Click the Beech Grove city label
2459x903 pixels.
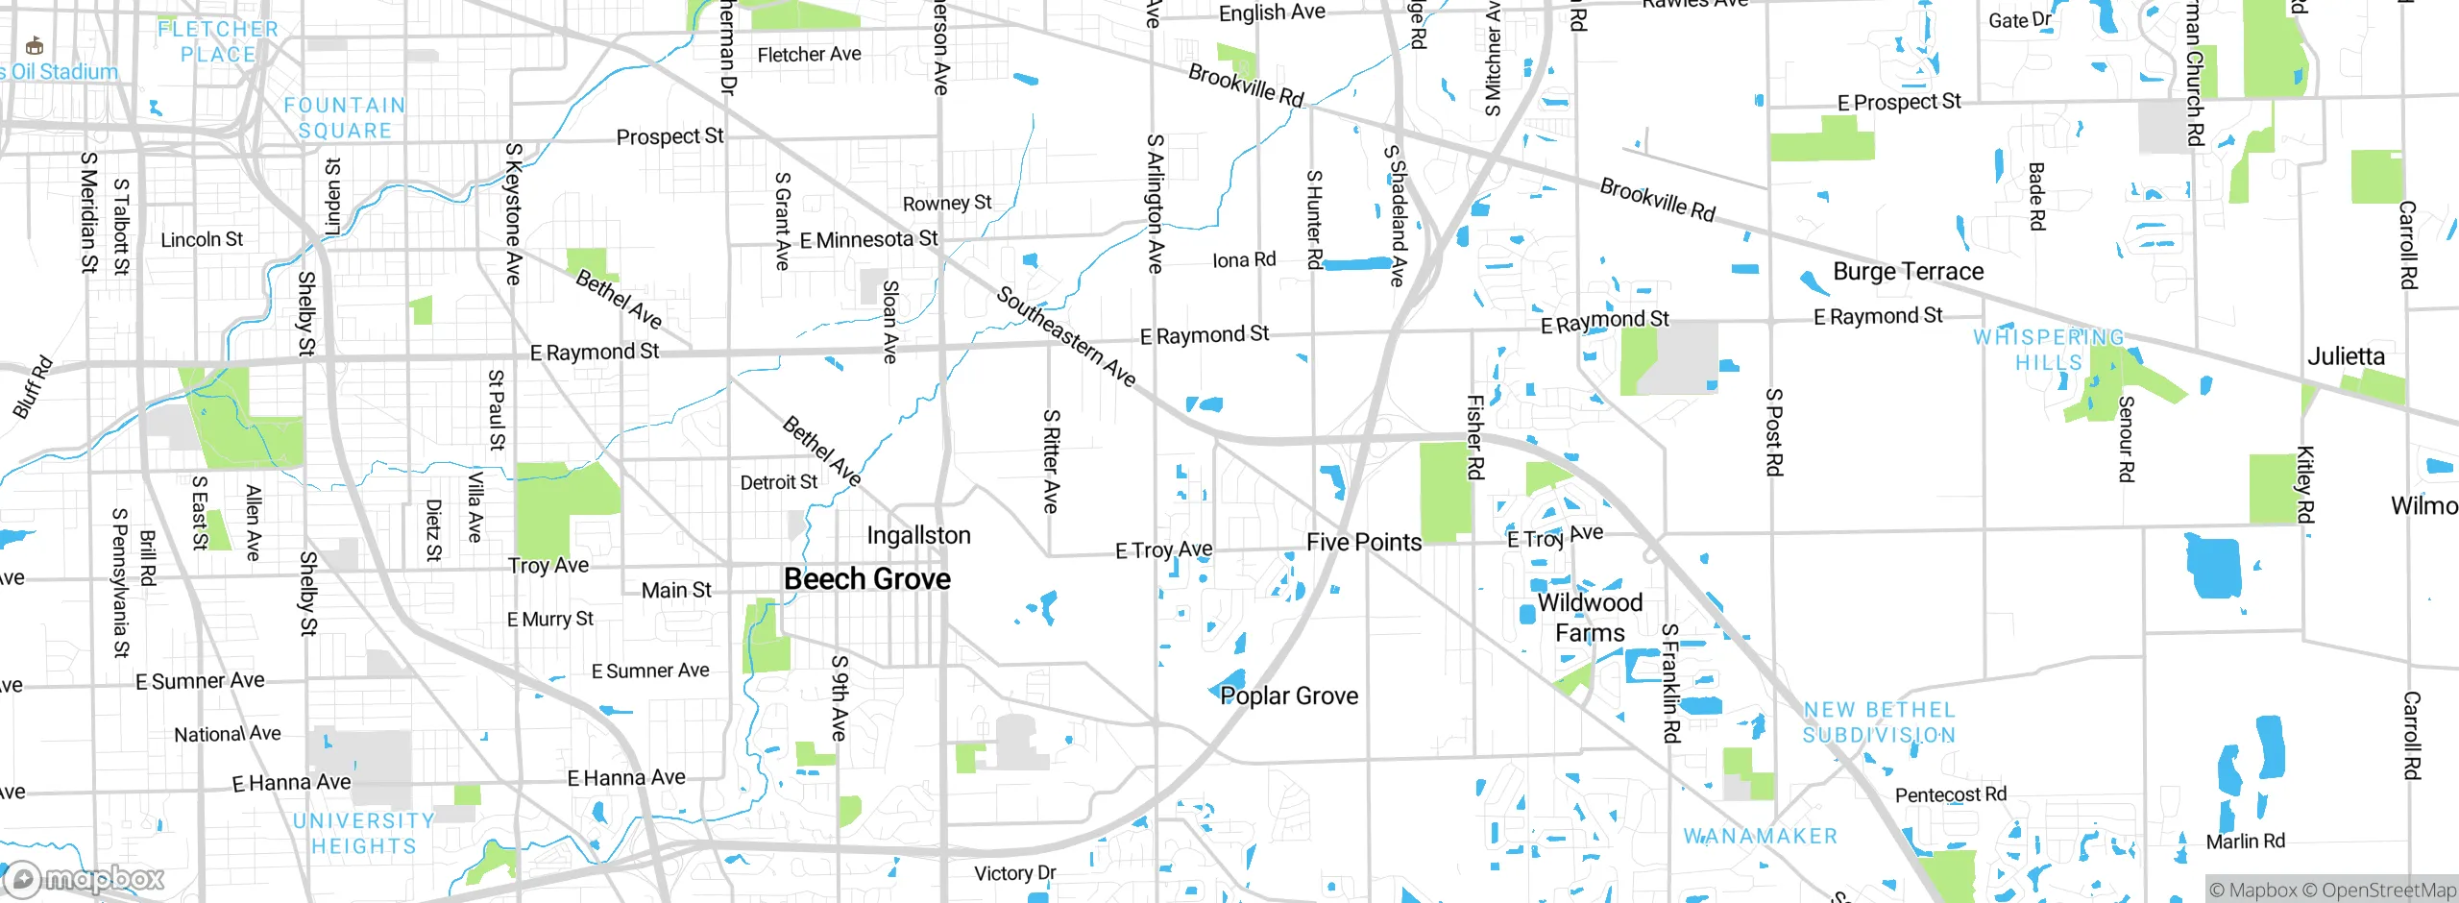pyautogui.click(x=866, y=578)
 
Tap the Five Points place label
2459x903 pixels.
pyautogui.click(x=1363, y=542)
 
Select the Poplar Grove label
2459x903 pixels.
pyautogui.click(x=1289, y=696)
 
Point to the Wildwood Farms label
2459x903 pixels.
pyautogui.click(x=1590, y=618)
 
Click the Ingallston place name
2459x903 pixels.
pyautogui.click(x=918, y=535)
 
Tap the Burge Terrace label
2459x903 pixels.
pyautogui.click(x=1908, y=272)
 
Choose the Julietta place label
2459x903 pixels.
pyautogui.click(x=2346, y=356)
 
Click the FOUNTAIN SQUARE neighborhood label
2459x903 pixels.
pyautogui.click(x=345, y=118)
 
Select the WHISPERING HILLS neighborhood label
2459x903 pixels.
pyautogui.click(x=2049, y=350)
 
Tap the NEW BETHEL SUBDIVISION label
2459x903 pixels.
pyautogui.click(x=1879, y=722)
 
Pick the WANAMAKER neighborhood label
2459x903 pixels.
pyautogui.click(x=1760, y=837)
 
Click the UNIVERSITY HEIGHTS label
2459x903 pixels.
pyautogui.click(x=364, y=834)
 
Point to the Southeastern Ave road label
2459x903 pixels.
pyautogui.click(x=1066, y=336)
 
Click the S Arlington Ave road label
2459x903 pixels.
pyautogui.click(x=1155, y=204)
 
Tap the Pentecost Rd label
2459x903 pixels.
pyautogui.click(x=1950, y=794)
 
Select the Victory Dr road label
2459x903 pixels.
pyautogui.click(x=1014, y=873)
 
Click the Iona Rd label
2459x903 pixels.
pyautogui.click(x=1244, y=259)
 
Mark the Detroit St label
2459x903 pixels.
pyautogui.click(x=778, y=482)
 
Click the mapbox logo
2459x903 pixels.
pyautogui.click(x=85, y=878)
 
